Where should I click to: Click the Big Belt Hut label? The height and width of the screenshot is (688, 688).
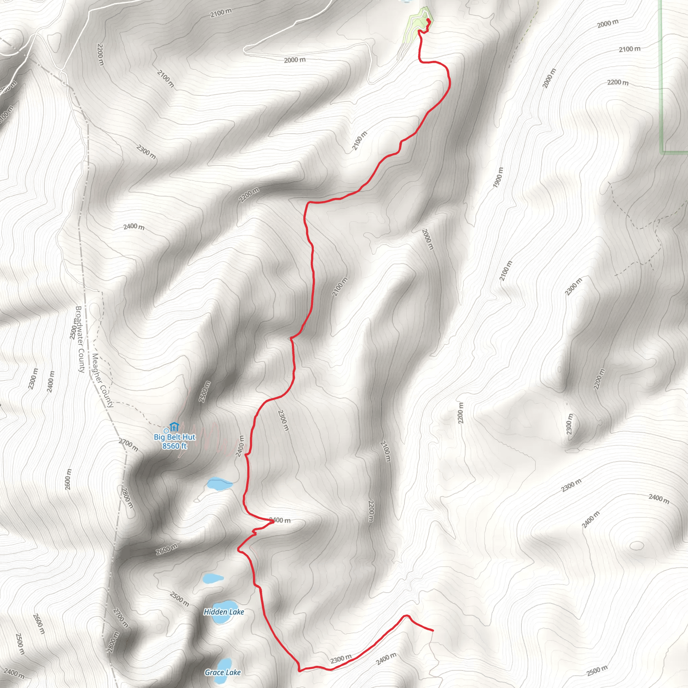174,437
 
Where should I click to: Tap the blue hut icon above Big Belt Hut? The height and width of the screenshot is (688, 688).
174,426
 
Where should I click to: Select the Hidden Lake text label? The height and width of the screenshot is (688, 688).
224,612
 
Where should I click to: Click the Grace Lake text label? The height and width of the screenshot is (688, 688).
223,672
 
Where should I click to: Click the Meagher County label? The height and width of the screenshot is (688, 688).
102,380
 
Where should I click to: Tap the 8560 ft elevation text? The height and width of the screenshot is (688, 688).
174,446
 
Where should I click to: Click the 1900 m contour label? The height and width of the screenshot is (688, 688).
498,177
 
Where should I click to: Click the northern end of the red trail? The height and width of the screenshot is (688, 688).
428,20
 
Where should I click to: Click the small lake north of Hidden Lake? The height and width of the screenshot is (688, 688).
213,579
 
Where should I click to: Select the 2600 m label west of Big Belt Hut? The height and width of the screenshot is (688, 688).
68,479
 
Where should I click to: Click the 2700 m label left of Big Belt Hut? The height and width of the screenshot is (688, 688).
128,445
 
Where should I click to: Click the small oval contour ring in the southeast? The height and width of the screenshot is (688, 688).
636,546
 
